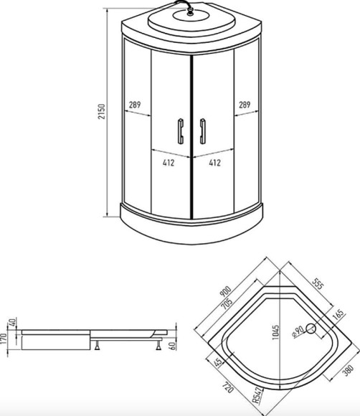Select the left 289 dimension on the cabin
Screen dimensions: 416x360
[135, 104]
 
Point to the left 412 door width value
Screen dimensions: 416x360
[169, 163]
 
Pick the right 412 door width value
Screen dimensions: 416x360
[214, 163]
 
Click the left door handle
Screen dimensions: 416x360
[179, 132]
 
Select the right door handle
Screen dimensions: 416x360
[203, 132]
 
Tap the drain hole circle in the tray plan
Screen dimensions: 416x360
[310, 329]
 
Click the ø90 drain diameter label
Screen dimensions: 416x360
[297, 331]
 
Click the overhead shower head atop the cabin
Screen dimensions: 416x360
[191, 16]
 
